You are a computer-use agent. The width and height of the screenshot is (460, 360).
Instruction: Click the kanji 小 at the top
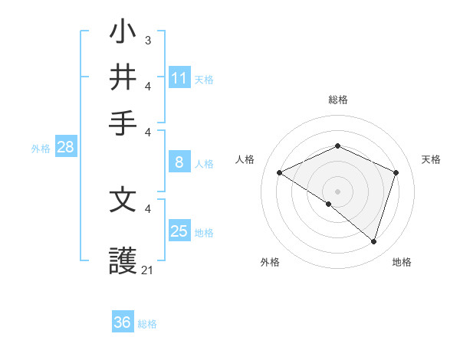pos(123,33)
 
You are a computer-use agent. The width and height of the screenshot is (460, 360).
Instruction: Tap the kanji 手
pos(123,120)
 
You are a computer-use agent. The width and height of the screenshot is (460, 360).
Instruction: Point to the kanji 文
pos(123,200)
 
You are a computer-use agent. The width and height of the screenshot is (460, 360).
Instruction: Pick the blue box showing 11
pos(179,78)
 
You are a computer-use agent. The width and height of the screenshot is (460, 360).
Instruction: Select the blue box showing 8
pos(179,162)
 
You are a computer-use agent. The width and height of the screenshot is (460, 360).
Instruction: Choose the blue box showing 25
pos(179,231)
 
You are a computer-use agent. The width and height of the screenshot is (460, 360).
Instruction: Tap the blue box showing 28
pos(65,148)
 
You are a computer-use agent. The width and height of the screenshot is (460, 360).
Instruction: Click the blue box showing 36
pos(123,322)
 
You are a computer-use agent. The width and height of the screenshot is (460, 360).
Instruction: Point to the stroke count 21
pos(147,270)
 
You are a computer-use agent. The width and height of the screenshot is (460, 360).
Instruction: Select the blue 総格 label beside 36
pos(147,324)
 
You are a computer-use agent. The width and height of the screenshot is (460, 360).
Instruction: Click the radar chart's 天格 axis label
pos(431,159)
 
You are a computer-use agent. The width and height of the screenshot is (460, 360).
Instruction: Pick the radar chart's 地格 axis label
pos(402,262)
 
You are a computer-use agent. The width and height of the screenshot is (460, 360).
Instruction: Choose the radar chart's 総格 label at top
pos(337,100)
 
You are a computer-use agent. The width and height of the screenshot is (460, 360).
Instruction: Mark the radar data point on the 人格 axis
pos(279,173)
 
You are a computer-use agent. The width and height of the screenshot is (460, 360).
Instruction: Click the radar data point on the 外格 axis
pos(329,205)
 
